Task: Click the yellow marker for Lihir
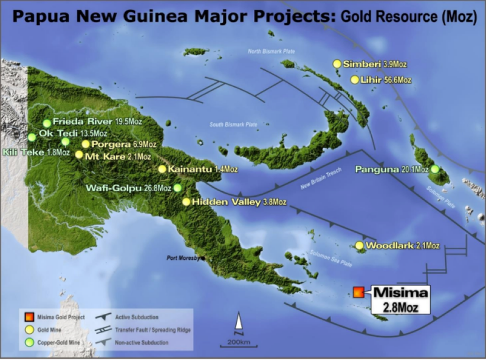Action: coord(355,80)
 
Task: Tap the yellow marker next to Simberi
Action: coord(337,64)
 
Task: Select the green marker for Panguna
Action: coord(435,169)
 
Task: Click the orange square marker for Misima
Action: coord(358,292)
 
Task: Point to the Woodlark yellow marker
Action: coord(360,246)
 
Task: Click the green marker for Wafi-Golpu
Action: coord(177,188)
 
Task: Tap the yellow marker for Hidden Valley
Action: coord(186,202)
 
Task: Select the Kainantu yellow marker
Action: coord(162,169)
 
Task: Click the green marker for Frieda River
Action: coord(47,123)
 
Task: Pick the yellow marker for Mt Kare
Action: coord(79,154)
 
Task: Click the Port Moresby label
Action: coord(185,257)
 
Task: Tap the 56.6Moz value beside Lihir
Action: coord(398,80)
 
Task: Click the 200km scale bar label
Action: coord(239,342)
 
